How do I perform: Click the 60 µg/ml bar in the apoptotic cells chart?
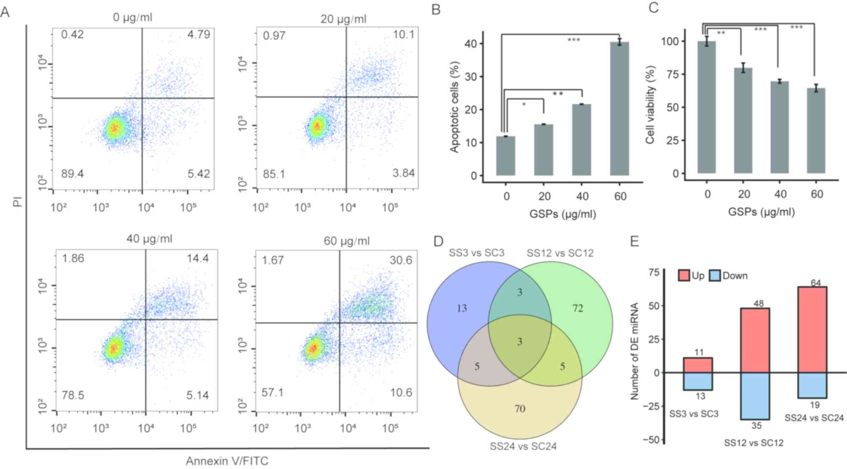[x=619, y=108]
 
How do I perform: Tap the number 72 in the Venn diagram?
[x=578, y=308]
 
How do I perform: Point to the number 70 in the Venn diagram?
[x=520, y=408]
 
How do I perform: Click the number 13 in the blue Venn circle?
[x=462, y=308]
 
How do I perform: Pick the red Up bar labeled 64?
[x=812, y=329]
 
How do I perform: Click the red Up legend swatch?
[x=684, y=275]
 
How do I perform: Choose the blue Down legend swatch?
[x=715, y=275]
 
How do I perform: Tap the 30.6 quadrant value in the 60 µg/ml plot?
[x=401, y=260]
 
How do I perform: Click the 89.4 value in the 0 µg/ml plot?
[x=72, y=174]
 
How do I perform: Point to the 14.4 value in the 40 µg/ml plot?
[x=198, y=258]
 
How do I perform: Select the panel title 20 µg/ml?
[x=343, y=19]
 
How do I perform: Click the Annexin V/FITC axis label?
[x=227, y=461]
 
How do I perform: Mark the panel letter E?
[x=634, y=241]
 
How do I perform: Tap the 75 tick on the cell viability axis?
[x=672, y=74]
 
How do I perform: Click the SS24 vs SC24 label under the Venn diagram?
[x=523, y=446]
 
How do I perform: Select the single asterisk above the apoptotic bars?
[x=524, y=104]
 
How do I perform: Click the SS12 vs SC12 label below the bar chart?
[x=754, y=442]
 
